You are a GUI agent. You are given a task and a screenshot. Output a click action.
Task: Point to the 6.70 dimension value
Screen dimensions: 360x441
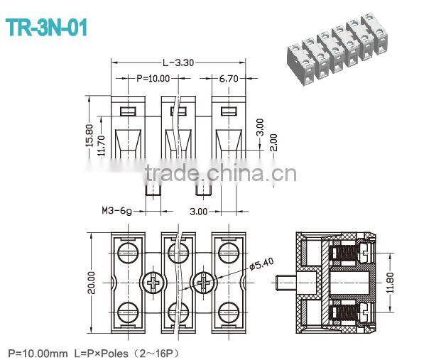[229, 78]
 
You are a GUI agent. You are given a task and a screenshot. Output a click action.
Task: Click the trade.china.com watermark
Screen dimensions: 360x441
[220, 173]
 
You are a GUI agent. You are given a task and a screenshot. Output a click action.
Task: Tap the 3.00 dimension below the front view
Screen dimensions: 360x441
[198, 211]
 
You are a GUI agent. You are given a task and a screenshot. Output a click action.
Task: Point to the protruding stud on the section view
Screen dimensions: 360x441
[285, 283]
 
